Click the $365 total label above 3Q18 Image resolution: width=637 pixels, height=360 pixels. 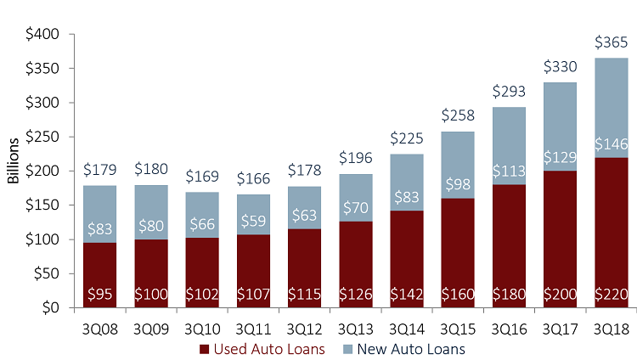pyautogui.click(x=611, y=42)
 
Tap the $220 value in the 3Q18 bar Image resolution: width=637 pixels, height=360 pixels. pyautogui.click(x=611, y=296)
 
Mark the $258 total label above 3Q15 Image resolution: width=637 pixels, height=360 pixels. pyautogui.click(x=458, y=115)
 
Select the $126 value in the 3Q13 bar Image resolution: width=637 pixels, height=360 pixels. pyautogui.click(x=355, y=296)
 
